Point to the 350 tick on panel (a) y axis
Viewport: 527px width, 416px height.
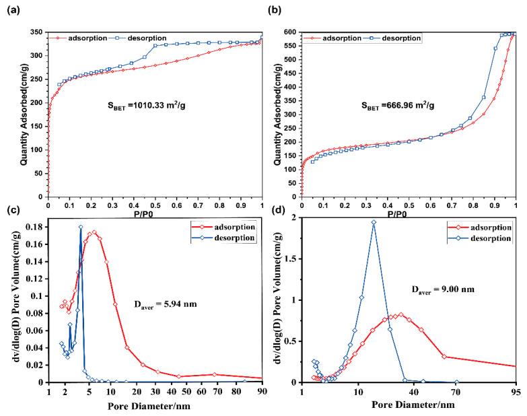coord(35,32)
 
